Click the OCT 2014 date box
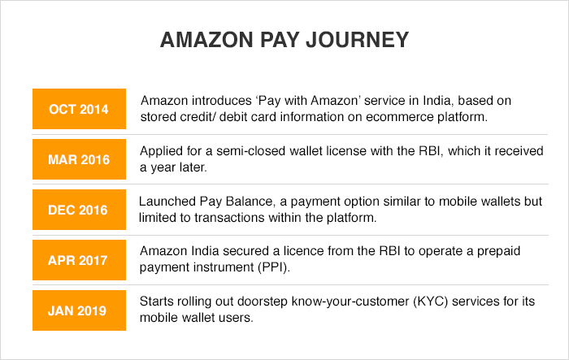coord(79,110)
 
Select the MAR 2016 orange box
coord(79,159)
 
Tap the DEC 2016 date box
coord(79,209)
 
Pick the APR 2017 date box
coord(79,258)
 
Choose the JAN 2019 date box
coord(79,308)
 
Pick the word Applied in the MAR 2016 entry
coord(161,150)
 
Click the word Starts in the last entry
coord(157,302)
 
